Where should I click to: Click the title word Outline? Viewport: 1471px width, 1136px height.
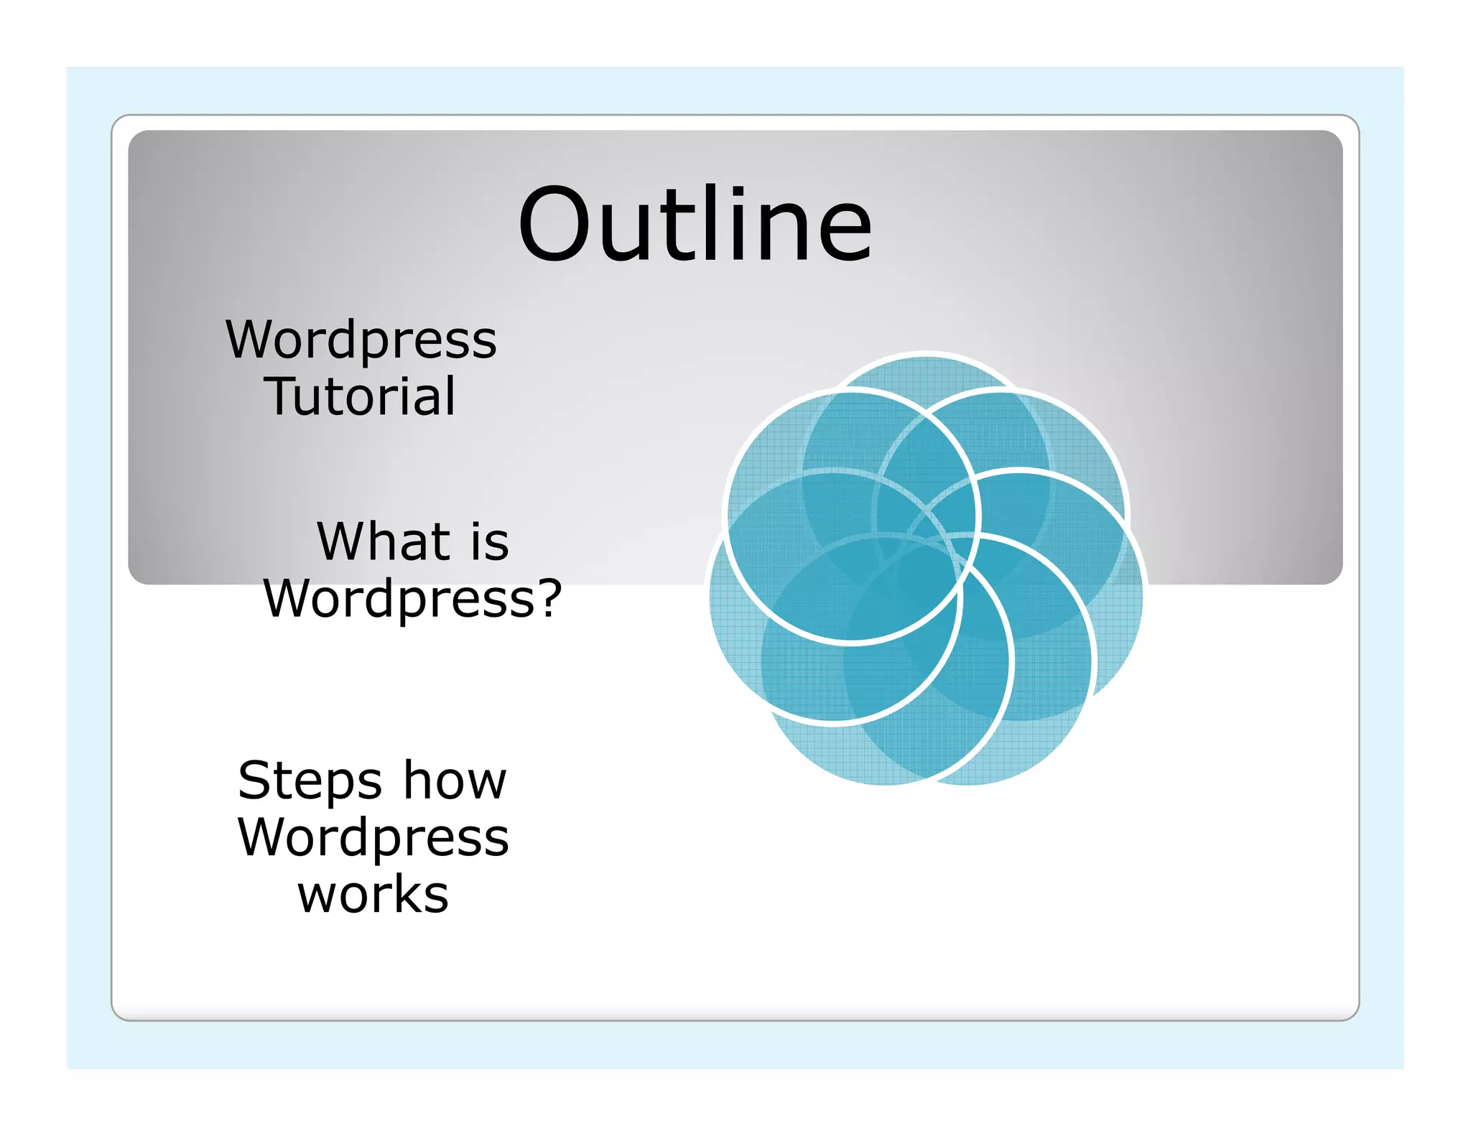coord(695,224)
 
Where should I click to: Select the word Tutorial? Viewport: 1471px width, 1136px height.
coord(361,396)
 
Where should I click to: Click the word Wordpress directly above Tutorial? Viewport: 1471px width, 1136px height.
coord(361,340)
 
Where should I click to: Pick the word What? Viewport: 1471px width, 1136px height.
coord(383,541)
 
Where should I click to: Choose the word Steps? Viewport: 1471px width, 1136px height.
coord(310,781)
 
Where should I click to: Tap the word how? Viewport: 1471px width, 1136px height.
coord(455,781)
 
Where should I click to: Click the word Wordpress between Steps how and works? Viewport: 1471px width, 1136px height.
coord(373,838)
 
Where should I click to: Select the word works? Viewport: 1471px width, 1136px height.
coord(373,895)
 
